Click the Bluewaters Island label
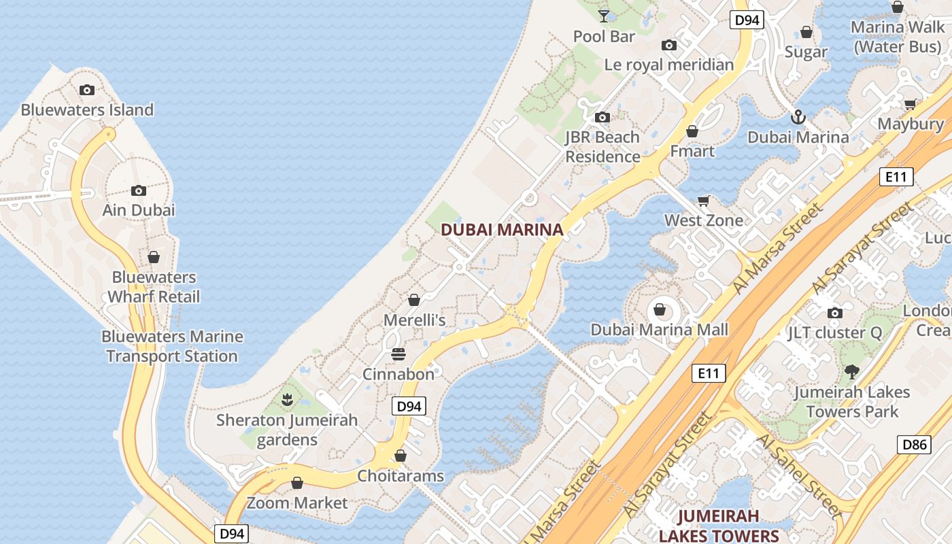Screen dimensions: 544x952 point(87,109)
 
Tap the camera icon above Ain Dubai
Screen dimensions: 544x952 point(139,190)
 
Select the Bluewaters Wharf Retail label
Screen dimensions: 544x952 point(154,287)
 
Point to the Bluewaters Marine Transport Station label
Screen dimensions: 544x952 point(172,346)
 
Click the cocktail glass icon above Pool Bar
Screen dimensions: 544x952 point(604,15)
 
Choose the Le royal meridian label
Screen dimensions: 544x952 point(669,65)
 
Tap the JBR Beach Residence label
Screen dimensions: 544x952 point(602,147)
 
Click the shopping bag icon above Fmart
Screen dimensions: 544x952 point(692,131)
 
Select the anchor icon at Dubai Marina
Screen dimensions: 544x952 point(798,118)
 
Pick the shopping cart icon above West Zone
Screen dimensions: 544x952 point(704,201)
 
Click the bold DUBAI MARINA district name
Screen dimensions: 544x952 point(502,230)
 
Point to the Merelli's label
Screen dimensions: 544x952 point(414,320)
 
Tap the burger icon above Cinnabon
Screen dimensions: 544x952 point(398,354)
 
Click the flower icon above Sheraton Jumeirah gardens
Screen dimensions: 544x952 point(287,400)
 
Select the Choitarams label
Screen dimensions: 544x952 point(401,475)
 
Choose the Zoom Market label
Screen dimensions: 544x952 point(297,503)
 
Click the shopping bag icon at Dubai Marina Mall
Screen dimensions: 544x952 point(659,310)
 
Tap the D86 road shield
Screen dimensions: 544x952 point(914,445)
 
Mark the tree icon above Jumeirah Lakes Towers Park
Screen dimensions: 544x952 point(851,372)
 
